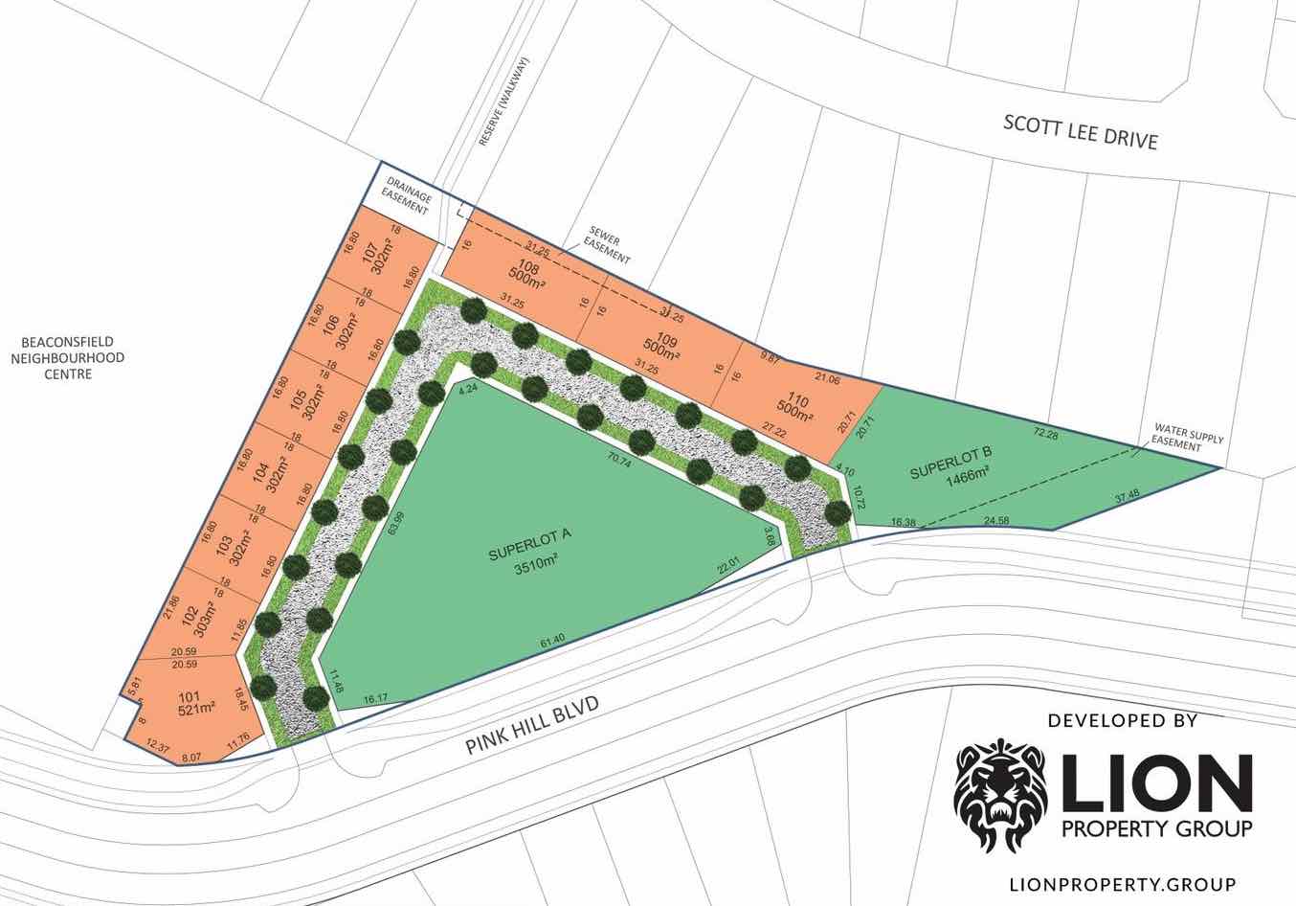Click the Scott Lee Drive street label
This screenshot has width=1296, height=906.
[1080, 132]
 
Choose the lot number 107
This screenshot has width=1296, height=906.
[369, 254]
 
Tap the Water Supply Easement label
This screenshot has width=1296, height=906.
[1188, 437]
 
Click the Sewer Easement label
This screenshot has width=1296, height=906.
[609, 246]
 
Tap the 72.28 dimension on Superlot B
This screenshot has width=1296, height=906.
[1046, 435]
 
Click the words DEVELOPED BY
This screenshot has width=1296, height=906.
[1122, 720]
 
